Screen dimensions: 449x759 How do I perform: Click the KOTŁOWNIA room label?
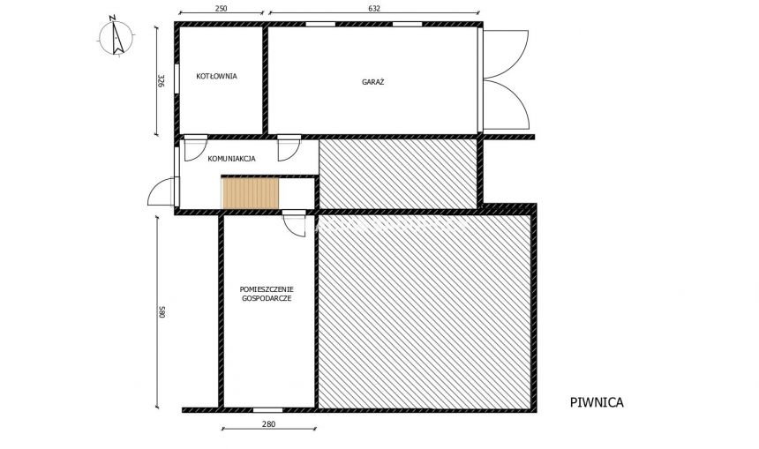click(x=216, y=76)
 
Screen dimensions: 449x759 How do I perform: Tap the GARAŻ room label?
click(x=372, y=81)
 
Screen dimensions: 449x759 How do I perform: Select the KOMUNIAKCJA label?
click(x=231, y=159)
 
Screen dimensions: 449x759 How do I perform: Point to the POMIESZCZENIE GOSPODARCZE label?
click(x=267, y=294)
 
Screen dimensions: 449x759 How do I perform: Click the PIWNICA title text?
click(x=597, y=402)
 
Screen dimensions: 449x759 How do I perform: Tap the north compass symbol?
click(x=116, y=36)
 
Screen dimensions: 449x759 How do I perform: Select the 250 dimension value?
click(x=221, y=9)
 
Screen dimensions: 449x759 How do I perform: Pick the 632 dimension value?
click(x=374, y=9)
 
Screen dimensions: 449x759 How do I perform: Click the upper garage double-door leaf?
click(x=507, y=55)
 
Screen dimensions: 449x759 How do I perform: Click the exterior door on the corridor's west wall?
click(x=161, y=193)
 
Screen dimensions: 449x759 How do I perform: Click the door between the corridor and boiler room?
click(x=195, y=147)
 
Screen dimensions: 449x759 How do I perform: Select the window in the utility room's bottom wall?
click(x=267, y=410)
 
